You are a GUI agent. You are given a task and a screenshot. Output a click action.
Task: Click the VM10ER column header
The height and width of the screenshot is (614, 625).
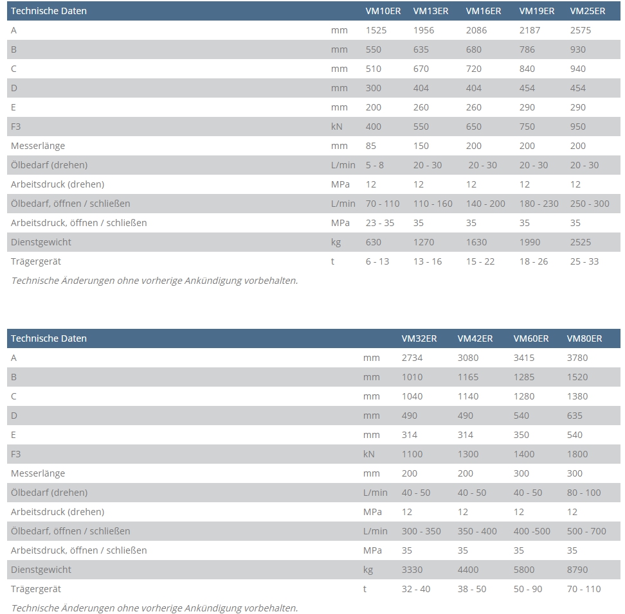[383, 11]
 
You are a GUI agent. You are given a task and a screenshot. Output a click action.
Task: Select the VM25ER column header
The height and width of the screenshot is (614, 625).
[588, 11]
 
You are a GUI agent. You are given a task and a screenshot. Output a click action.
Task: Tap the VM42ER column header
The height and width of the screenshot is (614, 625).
[475, 338]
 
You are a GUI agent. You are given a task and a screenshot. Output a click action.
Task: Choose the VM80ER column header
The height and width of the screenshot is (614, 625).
[584, 338]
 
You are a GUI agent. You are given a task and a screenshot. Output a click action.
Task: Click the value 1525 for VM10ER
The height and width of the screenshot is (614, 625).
[376, 30]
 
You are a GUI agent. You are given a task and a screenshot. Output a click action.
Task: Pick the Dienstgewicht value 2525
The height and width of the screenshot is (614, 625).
[581, 242]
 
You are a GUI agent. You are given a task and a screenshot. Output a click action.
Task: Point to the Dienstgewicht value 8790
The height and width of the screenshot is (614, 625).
[577, 570]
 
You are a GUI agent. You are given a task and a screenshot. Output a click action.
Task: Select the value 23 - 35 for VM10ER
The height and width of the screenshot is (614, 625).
[380, 223]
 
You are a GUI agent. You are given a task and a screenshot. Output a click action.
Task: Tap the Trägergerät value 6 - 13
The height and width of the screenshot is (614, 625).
[377, 261]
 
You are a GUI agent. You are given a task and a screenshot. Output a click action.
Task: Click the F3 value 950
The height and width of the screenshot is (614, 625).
[578, 127]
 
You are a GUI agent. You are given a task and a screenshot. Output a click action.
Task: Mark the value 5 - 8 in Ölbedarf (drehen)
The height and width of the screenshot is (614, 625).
[375, 165]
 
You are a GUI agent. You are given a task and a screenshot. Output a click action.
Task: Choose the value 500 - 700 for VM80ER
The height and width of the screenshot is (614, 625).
[586, 531]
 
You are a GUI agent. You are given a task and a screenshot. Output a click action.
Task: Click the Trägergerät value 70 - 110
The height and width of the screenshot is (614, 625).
[584, 589]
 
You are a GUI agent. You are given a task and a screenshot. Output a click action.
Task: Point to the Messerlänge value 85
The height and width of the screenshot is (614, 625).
[371, 146]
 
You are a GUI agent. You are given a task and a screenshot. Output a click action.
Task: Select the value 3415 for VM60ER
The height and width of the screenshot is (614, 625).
[524, 358]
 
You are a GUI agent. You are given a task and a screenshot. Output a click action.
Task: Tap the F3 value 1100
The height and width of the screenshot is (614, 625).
[412, 454]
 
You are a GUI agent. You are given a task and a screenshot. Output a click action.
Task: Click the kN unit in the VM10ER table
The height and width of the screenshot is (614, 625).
[337, 127]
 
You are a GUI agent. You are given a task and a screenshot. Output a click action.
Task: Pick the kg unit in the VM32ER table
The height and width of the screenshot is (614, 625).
[368, 570]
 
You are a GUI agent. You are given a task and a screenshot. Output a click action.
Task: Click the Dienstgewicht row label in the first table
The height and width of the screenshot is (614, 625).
[41, 242]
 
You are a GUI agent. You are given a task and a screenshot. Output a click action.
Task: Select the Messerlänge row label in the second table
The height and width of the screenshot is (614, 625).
[38, 473]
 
